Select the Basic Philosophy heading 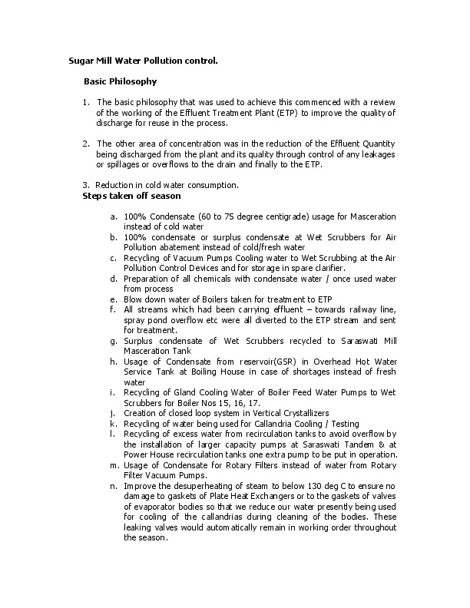point(120,81)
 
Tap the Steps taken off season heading point(131,196)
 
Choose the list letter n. point(114,486)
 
